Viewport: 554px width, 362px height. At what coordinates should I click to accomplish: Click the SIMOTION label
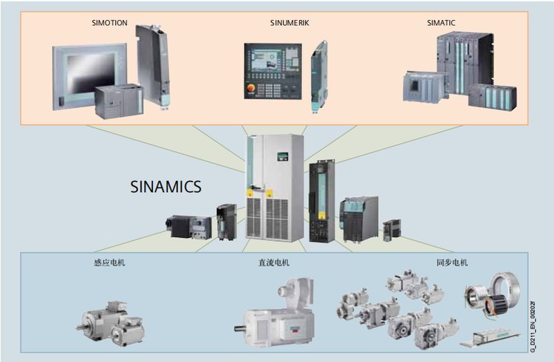click(110, 23)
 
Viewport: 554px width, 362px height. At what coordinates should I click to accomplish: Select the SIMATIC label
click(441, 23)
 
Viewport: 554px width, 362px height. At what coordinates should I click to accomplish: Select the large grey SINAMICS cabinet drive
click(275, 188)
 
